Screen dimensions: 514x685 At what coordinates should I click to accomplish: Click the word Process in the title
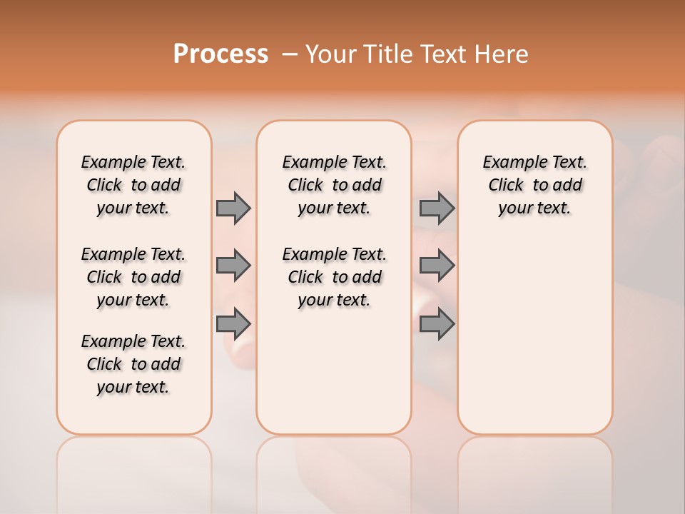click(220, 54)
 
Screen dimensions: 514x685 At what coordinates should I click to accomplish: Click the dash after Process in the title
click(290, 55)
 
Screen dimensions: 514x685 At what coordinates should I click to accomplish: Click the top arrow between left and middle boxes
click(233, 208)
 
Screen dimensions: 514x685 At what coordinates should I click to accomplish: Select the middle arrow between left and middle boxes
click(233, 266)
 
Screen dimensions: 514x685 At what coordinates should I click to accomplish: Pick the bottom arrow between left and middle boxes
click(233, 324)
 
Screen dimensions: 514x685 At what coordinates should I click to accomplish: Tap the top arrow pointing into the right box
click(437, 208)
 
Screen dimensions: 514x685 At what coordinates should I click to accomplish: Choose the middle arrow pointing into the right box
click(437, 266)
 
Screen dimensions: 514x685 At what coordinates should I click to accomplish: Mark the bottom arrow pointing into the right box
click(437, 324)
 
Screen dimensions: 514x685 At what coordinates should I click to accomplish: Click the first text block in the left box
click(133, 185)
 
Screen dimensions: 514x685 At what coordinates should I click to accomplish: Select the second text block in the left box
click(133, 277)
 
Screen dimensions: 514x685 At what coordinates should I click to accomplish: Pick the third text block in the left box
click(133, 364)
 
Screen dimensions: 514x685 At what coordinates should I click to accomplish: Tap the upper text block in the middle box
click(334, 185)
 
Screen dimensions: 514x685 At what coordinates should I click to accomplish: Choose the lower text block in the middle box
click(334, 277)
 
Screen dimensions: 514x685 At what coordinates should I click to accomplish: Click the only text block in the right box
click(535, 185)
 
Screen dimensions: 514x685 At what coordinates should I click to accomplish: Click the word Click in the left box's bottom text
click(104, 364)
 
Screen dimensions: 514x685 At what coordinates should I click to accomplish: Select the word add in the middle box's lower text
click(367, 277)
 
